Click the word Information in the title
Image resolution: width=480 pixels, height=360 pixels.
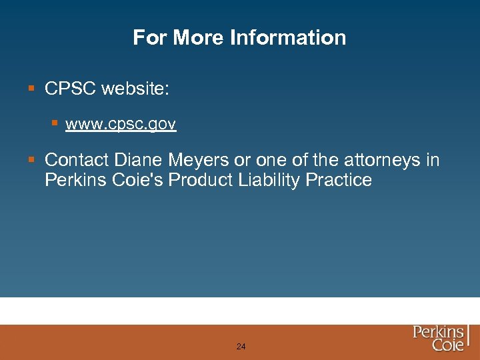tap(288, 37)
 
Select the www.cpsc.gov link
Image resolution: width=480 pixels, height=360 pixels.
tap(121, 124)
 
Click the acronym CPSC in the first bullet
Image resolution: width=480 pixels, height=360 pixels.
tap(70, 89)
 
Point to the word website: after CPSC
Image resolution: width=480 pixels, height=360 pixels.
tap(135, 89)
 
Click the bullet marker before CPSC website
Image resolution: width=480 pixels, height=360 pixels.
tap(31, 89)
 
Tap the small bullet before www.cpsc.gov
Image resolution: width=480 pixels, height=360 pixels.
tap(56, 123)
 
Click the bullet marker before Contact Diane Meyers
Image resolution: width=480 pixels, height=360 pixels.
tap(31, 160)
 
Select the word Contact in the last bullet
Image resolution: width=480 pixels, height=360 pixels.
tap(77, 160)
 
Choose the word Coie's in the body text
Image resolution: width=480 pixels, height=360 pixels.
tap(141, 180)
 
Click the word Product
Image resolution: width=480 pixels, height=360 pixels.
tap(201, 180)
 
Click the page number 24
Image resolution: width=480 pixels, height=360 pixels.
tap(241, 347)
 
